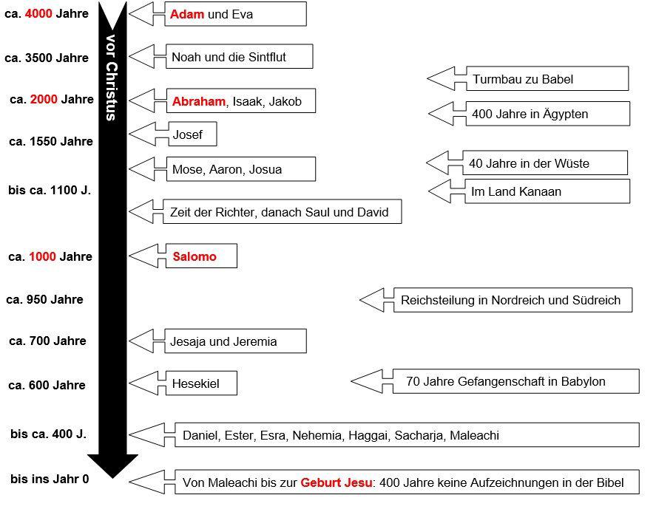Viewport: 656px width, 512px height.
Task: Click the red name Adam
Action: click(187, 14)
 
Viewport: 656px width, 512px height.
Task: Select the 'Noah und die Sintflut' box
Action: click(240, 56)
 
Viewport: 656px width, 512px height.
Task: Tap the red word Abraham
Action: click(199, 101)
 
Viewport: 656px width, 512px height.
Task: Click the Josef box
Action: click(192, 134)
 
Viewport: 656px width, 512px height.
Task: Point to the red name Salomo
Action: click(195, 256)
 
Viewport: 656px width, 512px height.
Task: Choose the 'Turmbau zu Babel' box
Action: click(547, 78)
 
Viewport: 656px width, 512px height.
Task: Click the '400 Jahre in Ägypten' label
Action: click(530, 114)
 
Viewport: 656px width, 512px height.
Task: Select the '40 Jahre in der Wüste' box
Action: click(545, 163)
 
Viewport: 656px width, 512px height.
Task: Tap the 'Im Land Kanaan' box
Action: click(547, 191)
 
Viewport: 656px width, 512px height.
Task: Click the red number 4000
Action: click(38, 14)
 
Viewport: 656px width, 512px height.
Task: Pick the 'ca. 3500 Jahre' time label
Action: click(47, 58)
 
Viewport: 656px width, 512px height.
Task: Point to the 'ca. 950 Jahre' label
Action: click(44, 299)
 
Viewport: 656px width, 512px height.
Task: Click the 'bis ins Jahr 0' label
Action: click(50, 479)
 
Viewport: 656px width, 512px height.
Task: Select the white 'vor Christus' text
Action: click(111, 78)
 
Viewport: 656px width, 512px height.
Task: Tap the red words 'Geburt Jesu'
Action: click(337, 482)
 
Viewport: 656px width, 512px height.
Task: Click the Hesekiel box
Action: click(202, 383)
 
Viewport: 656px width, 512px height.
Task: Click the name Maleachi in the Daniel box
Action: click(474, 435)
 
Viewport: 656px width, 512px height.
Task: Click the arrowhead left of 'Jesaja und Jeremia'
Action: click(141, 341)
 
